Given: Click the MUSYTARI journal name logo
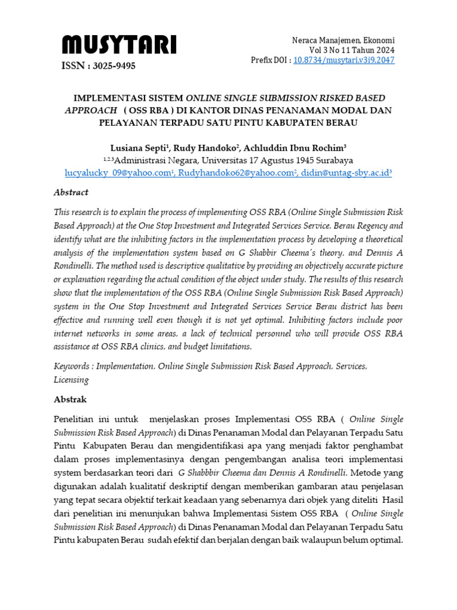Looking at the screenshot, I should pyautogui.click(x=119, y=44).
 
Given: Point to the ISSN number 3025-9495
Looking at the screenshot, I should pyautogui.click(x=99, y=66).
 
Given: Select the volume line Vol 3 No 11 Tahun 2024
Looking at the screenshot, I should pyautogui.click(x=351, y=50).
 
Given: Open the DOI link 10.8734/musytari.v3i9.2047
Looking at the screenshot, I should pyautogui.click(x=344, y=60).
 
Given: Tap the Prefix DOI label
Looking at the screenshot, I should pyautogui.click(x=271, y=60).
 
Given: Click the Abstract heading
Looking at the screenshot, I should pyautogui.click(x=71, y=192).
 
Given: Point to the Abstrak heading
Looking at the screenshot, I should pyautogui.click(x=70, y=400).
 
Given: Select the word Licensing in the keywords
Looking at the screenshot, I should pyautogui.click(x=71, y=379).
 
